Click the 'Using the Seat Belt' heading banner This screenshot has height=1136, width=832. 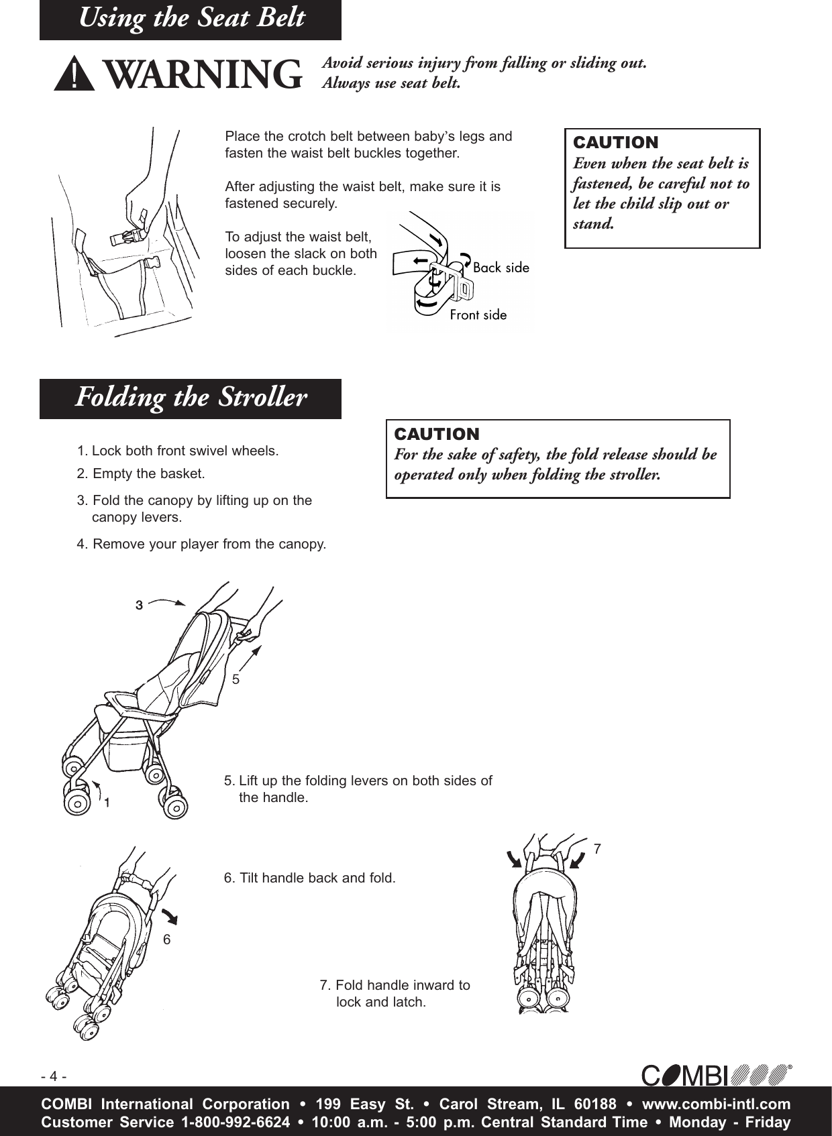pos(191,19)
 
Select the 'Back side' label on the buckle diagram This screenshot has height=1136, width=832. pos(501,268)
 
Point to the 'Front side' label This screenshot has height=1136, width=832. pos(478,315)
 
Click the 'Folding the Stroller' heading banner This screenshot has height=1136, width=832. pos(191,398)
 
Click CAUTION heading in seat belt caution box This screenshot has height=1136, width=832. pos(615,142)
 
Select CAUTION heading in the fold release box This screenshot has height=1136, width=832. pos(437,433)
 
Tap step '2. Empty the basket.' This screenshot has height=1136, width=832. pos(141,473)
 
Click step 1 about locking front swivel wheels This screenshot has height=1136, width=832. pos(178,451)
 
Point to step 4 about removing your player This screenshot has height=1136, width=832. pos(201,544)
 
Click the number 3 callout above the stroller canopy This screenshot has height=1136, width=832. pos(139,605)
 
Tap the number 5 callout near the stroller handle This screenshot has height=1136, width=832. pos(236,679)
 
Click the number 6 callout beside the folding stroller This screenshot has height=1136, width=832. pos(167,940)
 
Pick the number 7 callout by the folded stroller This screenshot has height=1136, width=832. pos(597,849)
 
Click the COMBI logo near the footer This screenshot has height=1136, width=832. pos(716,1075)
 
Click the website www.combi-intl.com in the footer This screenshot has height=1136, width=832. pos(716,1104)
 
